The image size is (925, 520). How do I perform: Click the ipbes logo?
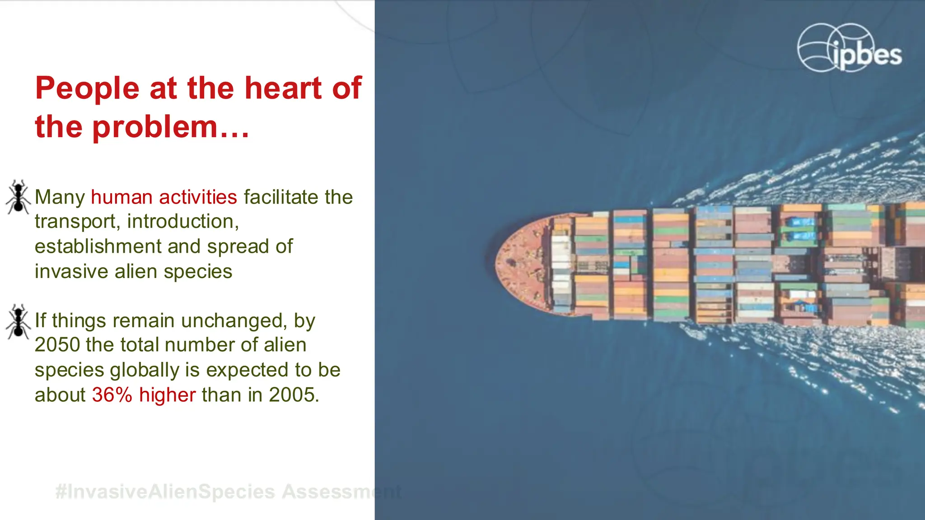(849, 48)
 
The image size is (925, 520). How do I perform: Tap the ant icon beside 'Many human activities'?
(18, 197)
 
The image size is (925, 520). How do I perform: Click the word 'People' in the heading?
(87, 88)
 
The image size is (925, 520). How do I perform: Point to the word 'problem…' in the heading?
(171, 127)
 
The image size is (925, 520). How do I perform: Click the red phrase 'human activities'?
(164, 197)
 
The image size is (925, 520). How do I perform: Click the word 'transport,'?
(77, 222)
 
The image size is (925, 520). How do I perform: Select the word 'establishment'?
(98, 247)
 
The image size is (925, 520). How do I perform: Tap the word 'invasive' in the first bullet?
(71, 272)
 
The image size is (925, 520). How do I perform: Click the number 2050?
(57, 345)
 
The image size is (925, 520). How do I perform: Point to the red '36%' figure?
(112, 395)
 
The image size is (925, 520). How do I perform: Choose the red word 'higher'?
(167, 395)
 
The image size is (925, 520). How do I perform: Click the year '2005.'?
(294, 395)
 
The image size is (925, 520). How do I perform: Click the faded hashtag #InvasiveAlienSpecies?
(165, 492)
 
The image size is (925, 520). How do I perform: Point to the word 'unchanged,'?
(234, 321)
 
